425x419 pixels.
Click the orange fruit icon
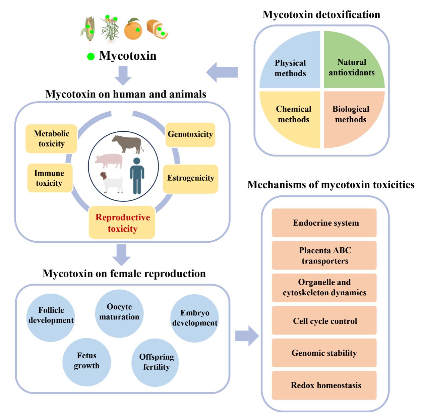pos(133,29)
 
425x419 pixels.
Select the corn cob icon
pos(89,29)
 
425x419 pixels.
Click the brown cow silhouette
pos(128,143)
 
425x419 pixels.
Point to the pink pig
pos(109,161)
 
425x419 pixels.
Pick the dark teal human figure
pos(137,176)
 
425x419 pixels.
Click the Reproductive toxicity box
pos(122,223)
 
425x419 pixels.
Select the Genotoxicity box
pos(190,134)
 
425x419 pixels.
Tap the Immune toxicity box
pos(50,178)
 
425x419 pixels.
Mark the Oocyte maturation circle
pos(119,312)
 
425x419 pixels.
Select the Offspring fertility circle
pos(156,362)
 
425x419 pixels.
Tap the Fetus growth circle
pos(86,361)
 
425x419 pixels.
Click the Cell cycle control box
pos(324,320)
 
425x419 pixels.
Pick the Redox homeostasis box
pos(324,385)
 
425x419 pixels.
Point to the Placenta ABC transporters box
pos(324,255)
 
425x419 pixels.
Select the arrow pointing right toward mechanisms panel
pos(247,336)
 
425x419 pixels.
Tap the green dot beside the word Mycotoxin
pos(91,57)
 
